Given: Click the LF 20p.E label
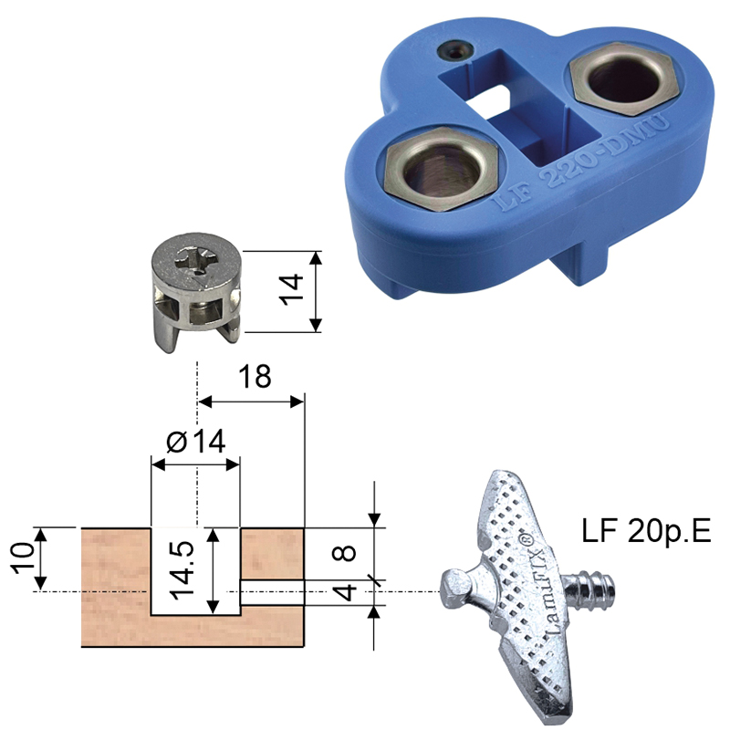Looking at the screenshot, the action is pyautogui.click(x=646, y=531).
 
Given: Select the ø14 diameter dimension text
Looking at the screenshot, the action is pyautogui.click(x=196, y=441).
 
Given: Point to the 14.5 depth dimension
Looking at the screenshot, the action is pyautogui.click(x=182, y=570).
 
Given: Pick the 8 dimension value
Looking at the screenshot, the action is pyautogui.click(x=345, y=553).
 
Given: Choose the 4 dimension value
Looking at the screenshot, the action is pyautogui.click(x=346, y=592).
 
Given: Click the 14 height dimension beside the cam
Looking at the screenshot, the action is pyautogui.click(x=292, y=290).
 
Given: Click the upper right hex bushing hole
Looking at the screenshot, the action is pyautogui.click(x=624, y=80).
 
